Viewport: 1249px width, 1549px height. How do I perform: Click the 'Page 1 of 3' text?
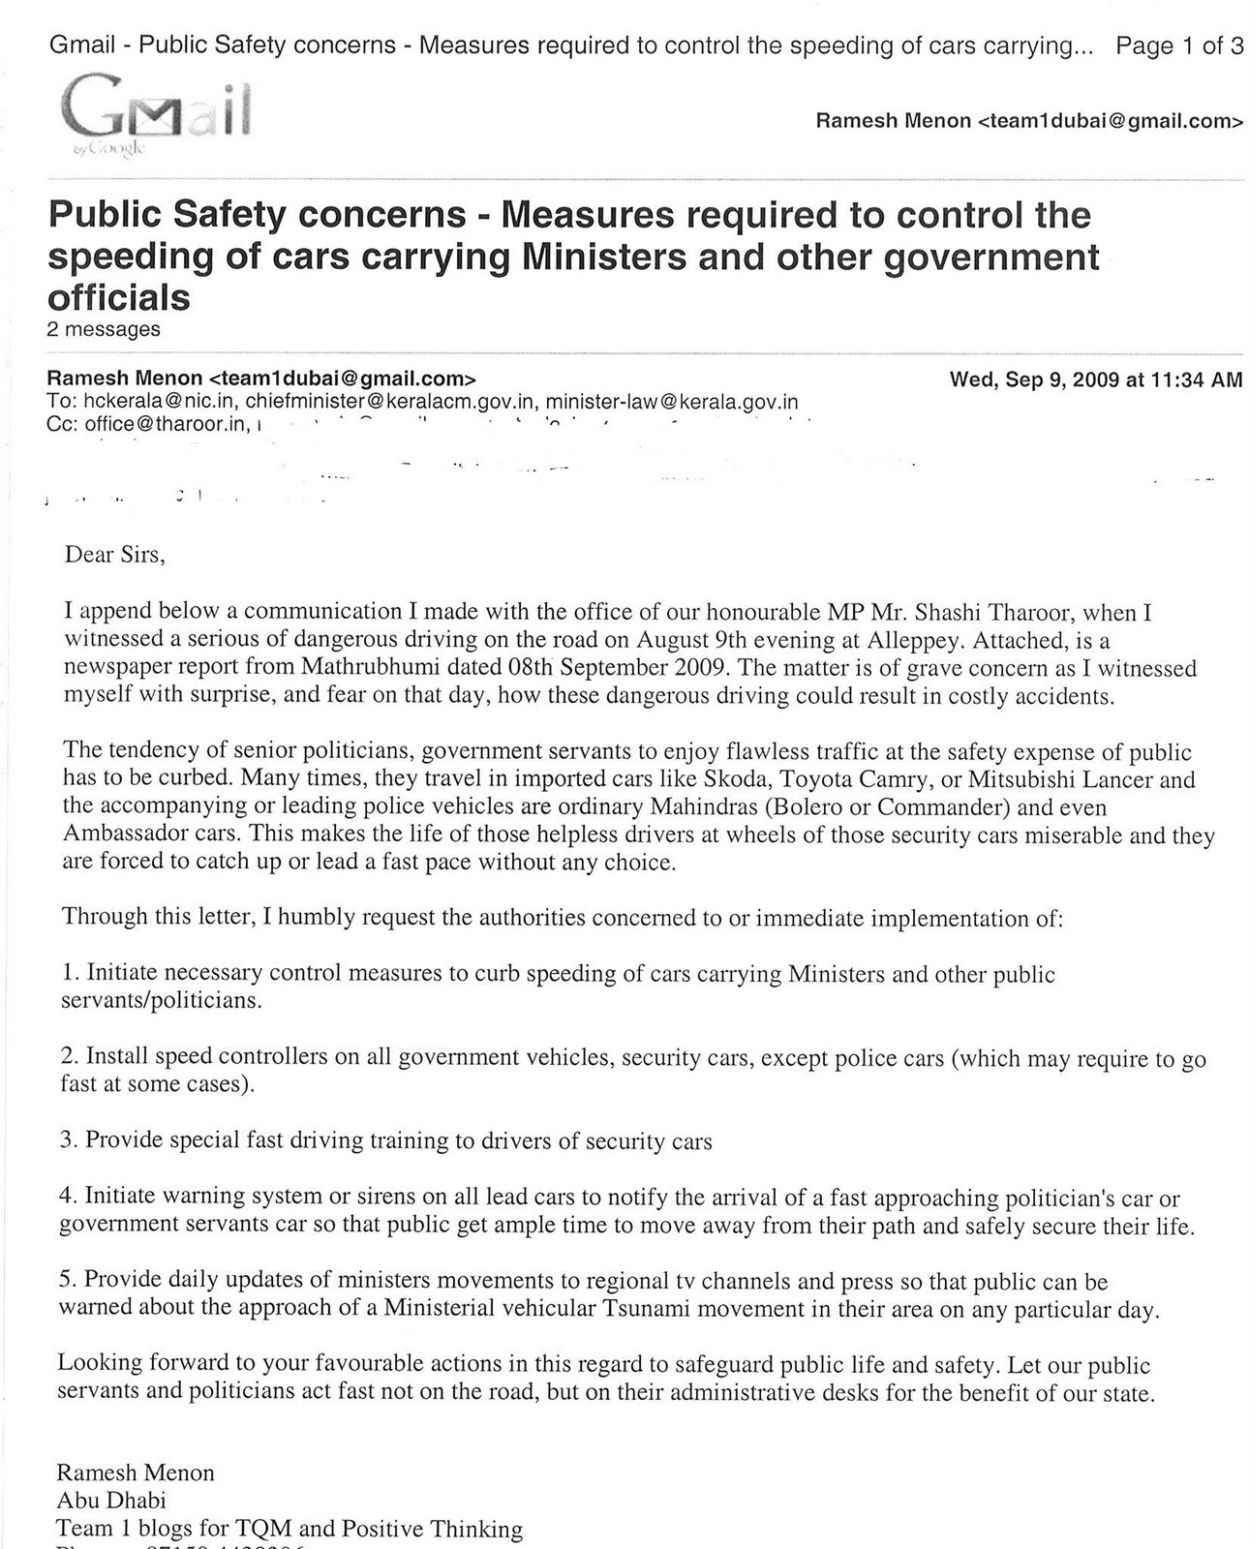click(x=1179, y=46)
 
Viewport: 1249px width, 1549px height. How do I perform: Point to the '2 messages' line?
click(x=104, y=329)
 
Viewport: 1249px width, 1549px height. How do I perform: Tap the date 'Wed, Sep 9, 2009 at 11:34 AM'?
click(x=1095, y=380)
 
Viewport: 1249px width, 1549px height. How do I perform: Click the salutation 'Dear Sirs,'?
click(x=115, y=555)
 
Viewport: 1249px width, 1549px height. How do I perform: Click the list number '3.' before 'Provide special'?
click(x=69, y=1140)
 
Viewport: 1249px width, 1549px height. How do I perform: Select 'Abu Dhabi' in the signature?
click(x=110, y=1501)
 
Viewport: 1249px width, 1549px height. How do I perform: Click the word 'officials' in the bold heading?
click(x=119, y=297)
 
